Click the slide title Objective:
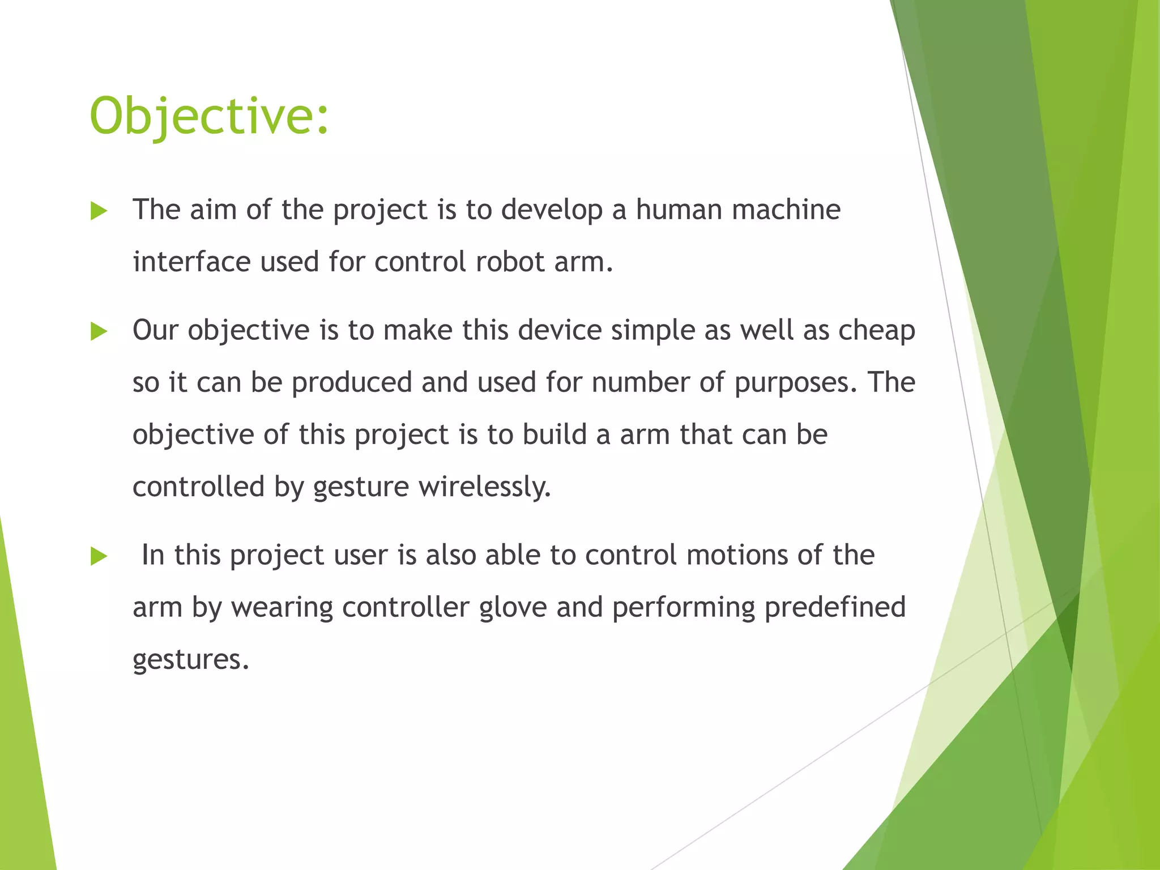tap(209, 116)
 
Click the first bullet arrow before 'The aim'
tap(99, 211)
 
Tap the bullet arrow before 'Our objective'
tap(99, 332)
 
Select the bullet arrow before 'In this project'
tap(99, 557)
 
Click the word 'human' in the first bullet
tap(679, 210)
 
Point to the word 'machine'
tap(786, 210)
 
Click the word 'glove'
tap(513, 607)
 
